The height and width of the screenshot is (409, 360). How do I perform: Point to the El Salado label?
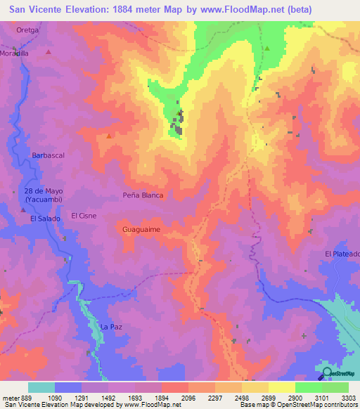46,219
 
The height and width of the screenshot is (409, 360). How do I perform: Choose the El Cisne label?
84,216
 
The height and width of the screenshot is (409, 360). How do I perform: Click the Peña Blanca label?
143,195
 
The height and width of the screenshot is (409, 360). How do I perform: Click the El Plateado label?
342,254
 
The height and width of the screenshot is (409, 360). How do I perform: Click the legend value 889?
24,397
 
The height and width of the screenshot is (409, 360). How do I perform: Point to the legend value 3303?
348,397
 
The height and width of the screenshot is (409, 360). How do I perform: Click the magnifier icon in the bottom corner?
328,374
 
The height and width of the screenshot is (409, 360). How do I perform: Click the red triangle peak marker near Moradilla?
49,52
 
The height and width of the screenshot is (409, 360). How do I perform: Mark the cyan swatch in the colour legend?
41,387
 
